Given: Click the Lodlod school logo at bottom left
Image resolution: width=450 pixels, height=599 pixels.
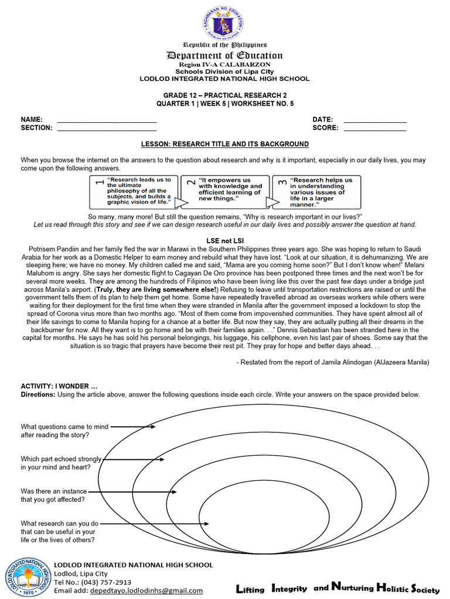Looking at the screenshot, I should [27, 579].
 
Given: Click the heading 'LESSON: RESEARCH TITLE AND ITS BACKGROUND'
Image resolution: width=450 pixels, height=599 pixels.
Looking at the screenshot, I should [225, 144].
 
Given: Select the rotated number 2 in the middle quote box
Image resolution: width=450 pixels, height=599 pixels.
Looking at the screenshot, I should [190, 183].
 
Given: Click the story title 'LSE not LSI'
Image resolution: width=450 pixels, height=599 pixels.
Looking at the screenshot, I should [225, 241].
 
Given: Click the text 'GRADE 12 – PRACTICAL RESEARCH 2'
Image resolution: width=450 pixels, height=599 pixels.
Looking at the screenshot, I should [225, 95].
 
